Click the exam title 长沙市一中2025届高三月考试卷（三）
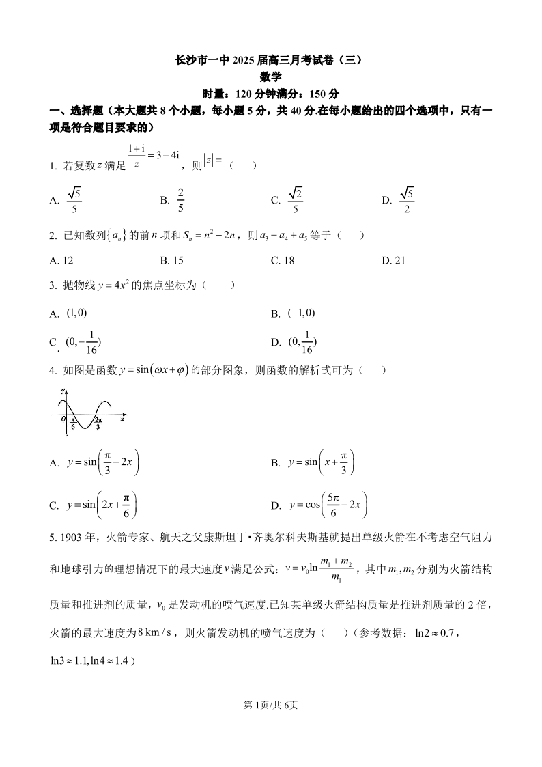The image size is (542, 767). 271,60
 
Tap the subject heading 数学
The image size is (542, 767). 271,77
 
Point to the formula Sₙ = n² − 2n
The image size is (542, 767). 212,236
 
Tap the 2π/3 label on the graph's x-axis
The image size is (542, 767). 98,424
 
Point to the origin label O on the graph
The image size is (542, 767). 63,418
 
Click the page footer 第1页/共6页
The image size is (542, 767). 271,706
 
